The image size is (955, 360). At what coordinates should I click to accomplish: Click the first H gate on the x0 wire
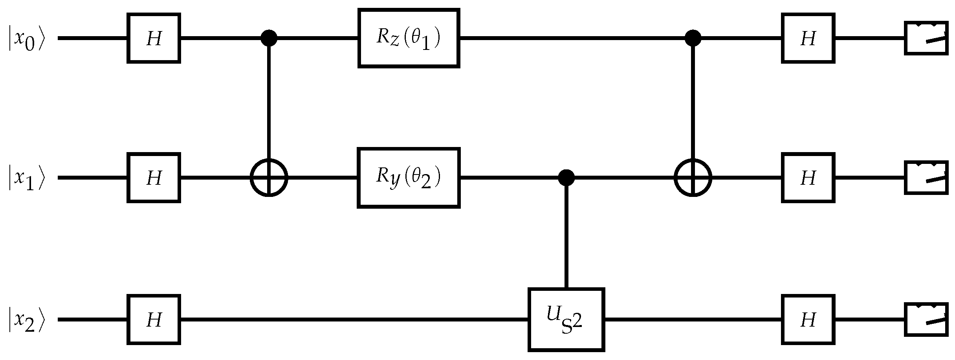click(154, 38)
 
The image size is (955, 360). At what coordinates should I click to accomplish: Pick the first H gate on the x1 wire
click(154, 178)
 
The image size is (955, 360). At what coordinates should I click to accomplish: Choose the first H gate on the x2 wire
click(154, 320)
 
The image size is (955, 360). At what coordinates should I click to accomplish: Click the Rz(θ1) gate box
click(409, 38)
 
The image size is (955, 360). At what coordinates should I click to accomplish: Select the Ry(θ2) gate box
click(409, 178)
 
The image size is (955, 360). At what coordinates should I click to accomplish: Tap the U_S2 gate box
click(566, 320)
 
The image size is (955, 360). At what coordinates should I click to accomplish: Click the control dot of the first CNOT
click(269, 38)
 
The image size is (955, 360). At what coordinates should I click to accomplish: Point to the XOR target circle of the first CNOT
click(269, 178)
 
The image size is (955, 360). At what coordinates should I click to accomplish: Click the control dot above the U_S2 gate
click(566, 178)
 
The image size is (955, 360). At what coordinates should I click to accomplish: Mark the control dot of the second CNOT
click(693, 38)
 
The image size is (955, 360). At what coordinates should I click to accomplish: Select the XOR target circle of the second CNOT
click(693, 178)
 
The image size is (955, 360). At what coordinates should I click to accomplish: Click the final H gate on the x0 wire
click(808, 38)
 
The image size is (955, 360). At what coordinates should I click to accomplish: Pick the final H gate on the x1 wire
click(808, 178)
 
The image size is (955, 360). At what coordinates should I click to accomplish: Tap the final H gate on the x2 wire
click(808, 320)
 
